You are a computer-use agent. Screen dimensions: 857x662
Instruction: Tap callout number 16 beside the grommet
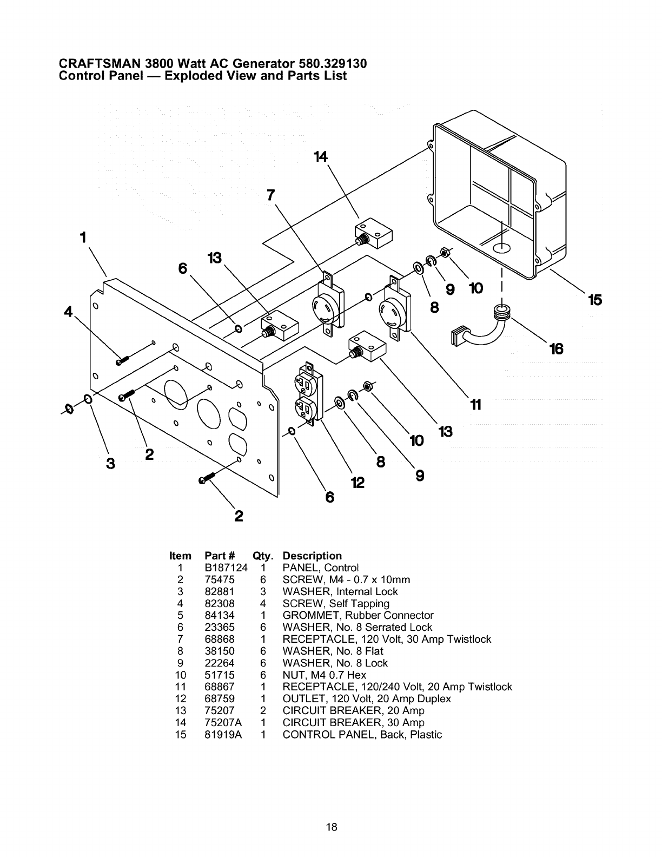(556, 349)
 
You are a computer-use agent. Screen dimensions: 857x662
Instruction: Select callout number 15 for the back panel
(594, 300)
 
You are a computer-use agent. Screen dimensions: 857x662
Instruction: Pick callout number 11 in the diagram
(475, 404)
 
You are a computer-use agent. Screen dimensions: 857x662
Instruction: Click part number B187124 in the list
(226, 568)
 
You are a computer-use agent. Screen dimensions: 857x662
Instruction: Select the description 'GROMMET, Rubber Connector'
(358, 616)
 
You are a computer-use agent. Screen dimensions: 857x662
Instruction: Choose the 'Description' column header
(312, 556)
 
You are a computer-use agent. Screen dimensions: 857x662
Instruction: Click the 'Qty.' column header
(262, 556)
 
